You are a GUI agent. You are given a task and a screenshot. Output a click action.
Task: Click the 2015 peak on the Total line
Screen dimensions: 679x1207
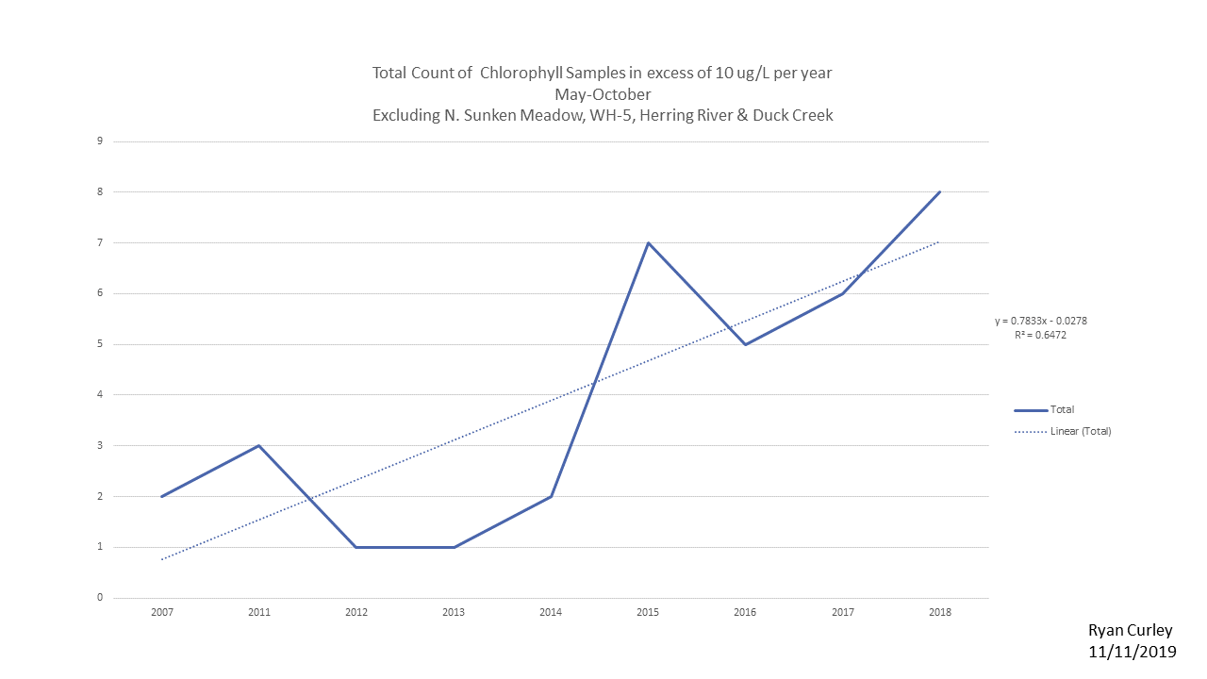(x=649, y=242)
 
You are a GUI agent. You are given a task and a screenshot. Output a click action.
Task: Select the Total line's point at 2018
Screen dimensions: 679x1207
(x=940, y=191)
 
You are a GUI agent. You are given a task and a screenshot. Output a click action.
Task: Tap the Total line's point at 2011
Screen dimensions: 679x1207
(x=259, y=445)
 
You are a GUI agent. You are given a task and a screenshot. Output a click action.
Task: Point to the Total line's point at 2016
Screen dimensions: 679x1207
(x=746, y=344)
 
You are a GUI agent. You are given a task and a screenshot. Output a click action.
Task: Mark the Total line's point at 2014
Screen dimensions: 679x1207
(x=551, y=496)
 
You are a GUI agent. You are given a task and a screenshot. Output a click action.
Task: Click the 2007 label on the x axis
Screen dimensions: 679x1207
(x=162, y=612)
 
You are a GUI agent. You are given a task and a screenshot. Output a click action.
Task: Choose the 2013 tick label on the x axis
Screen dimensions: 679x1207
(x=454, y=612)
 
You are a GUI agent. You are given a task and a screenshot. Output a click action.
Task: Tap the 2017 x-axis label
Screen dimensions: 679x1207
(x=843, y=612)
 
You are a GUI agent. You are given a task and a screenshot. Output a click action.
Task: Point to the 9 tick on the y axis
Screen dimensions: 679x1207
(x=99, y=141)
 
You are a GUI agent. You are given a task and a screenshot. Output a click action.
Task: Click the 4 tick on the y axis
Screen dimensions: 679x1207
(x=99, y=395)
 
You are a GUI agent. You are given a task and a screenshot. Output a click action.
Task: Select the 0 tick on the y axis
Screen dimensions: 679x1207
(x=99, y=598)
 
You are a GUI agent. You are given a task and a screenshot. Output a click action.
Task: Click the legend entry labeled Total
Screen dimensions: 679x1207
(x=1062, y=410)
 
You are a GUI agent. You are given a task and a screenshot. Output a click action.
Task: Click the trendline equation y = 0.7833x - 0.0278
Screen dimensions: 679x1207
(x=1041, y=321)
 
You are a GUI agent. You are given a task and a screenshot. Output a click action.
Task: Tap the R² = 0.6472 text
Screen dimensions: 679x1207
(x=1041, y=334)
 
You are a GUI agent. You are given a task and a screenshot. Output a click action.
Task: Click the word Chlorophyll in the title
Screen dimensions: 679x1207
(x=526, y=73)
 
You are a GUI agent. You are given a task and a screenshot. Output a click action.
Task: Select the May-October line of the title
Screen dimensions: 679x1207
(x=603, y=94)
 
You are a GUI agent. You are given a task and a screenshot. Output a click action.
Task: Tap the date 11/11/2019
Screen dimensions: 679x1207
(x=1132, y=652)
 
